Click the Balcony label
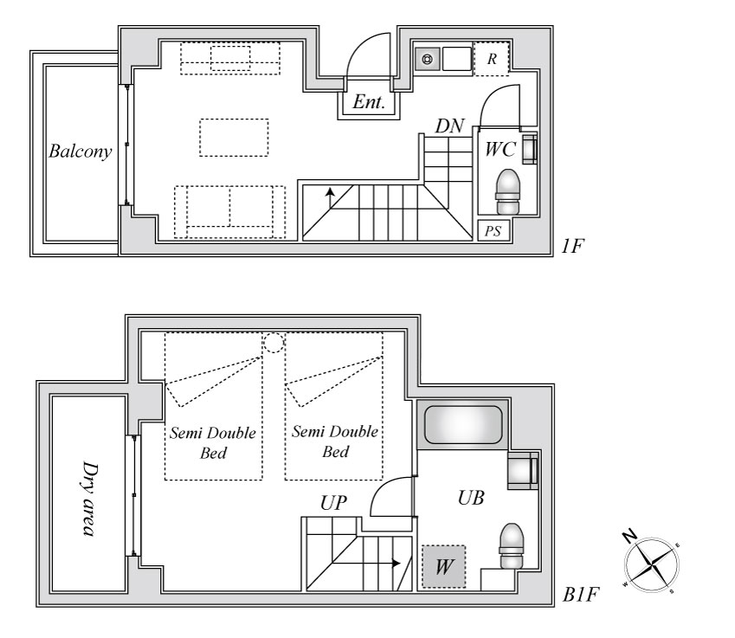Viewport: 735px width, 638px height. pos(81,151)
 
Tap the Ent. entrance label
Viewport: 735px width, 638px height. pos(369,102)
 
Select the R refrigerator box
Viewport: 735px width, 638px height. pos(491,59)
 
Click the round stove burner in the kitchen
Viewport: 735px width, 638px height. pos(428,60)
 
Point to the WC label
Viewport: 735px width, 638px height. pos(500,150)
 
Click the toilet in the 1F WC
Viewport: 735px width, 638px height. pos(508,191)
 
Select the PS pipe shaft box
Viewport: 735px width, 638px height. pos(493,230)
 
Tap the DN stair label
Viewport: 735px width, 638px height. pos(449,126)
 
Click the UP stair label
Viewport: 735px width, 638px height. pos(333,503)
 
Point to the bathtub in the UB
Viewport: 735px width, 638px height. pos(462,425)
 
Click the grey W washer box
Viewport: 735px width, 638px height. pos(443,566)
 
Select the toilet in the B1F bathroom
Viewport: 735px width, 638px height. pos(511,545)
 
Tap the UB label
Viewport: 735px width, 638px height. pos(471,498)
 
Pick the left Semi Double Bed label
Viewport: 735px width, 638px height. pos(213,442)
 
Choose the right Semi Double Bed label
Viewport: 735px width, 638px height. pos(335,441)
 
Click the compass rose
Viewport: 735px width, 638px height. pos(652,564)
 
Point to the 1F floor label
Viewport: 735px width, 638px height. pos(572,246)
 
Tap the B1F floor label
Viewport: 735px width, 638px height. pos(581,595)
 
